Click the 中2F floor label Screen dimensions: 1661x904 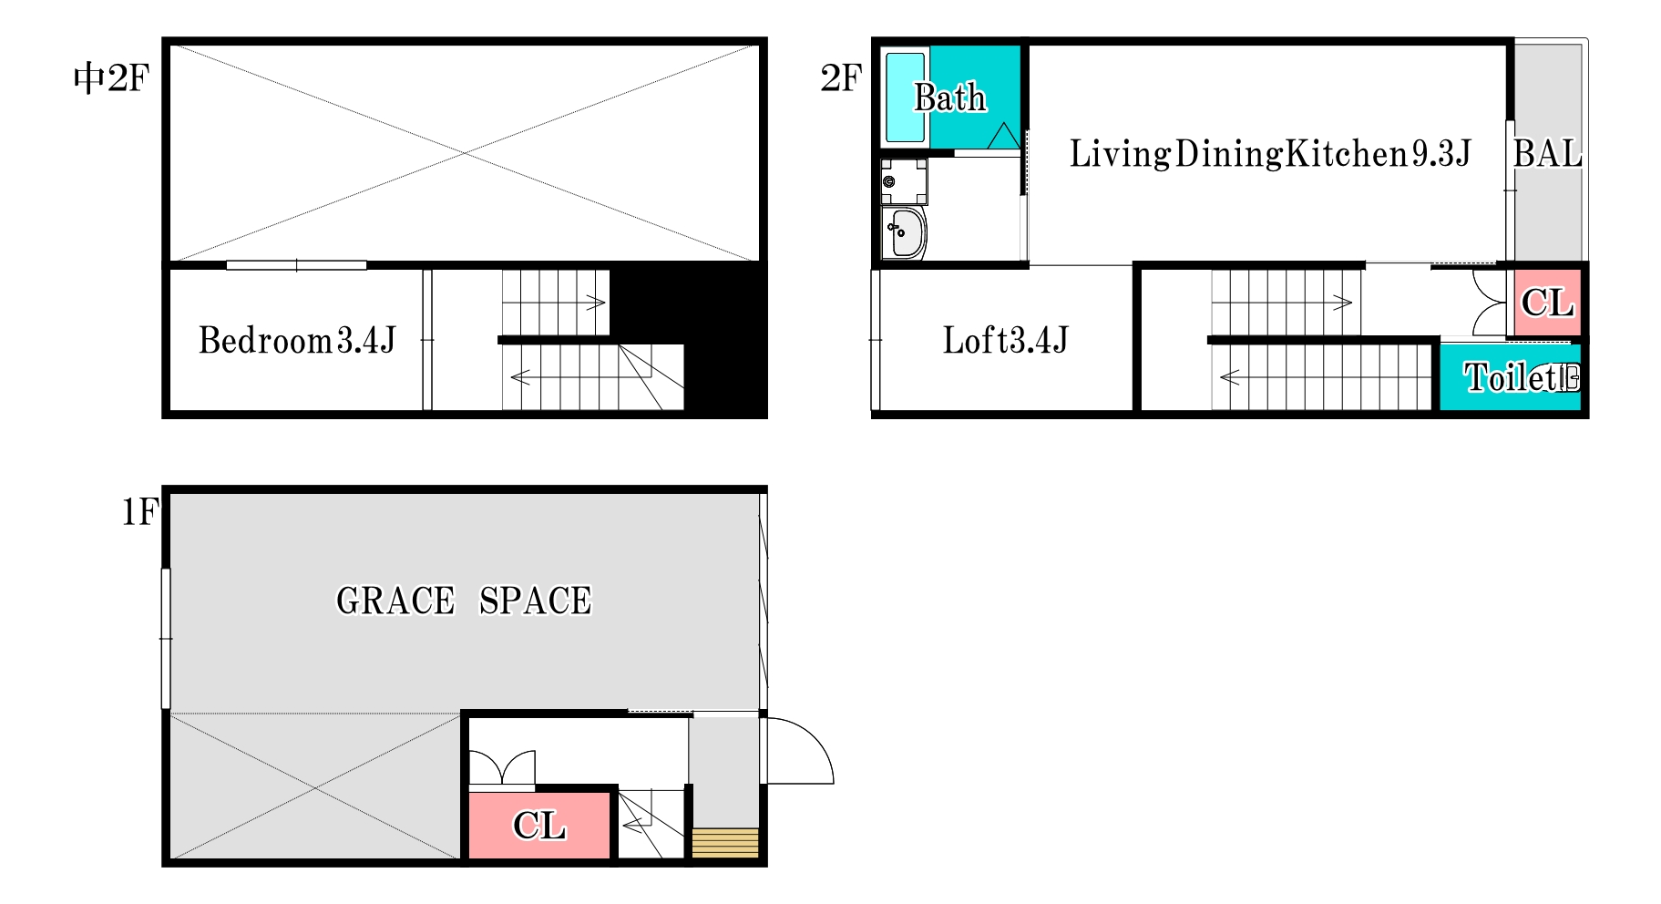[x=111, y=78]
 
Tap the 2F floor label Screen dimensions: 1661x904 [x=841, y=78]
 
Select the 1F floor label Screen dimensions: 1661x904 [x=140, y=512]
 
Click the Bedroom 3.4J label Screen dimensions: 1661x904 [x=297, y=341]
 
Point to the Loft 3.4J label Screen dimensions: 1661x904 [x=1005, y=341]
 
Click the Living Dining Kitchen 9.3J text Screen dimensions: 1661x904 [x=1270, y=154]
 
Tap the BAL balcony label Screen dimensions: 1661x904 [x=1547, y=154]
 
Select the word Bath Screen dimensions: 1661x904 [x=950, y=98]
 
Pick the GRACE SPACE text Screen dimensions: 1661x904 [x=464, y=601]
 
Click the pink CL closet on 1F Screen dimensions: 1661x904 [x=538, y=826]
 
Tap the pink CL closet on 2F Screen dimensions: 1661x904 [x=1547, y=303]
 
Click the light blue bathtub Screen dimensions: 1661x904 [x=905, y=98]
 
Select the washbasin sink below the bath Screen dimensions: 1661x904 [x=906, y=233]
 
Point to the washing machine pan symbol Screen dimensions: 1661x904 [x=904, y=181]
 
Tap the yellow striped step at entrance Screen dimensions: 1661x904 [x=725, y=843]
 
